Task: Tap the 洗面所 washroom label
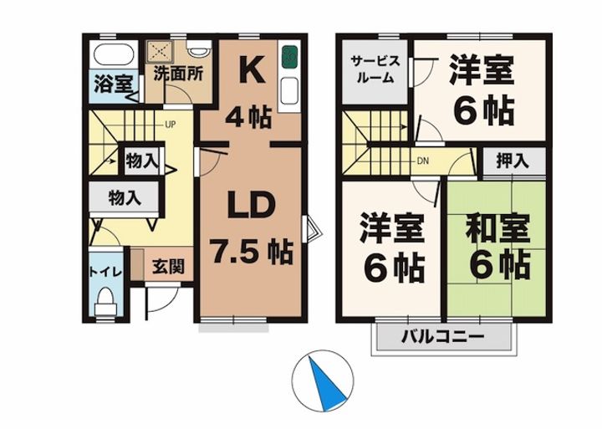pos(178,74)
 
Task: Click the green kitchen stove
pos(289,57)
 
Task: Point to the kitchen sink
pos(289,90)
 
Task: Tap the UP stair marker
pos(170,126)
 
